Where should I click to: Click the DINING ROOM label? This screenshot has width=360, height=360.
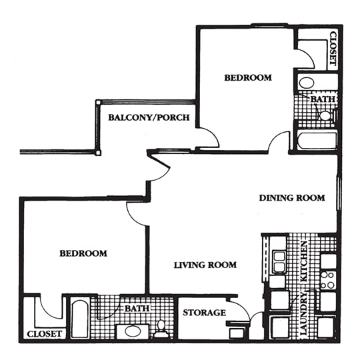coord(291,197)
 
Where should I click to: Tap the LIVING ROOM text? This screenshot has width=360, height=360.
coord(205,265)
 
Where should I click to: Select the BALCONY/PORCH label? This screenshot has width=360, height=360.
coord(149,118)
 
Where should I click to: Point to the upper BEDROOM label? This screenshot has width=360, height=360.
coord(247,78)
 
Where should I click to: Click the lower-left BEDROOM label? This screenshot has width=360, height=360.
coord(83,253)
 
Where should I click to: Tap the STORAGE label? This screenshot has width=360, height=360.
coord(204,312)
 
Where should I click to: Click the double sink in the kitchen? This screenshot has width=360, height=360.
coord(279,261)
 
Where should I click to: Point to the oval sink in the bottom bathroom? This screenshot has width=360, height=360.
coord(128,331)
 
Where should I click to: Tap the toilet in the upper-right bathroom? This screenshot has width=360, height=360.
coord(325,115)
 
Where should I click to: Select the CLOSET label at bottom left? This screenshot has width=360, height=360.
coord(45,333)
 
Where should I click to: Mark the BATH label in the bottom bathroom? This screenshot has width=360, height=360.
coord(136,309)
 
